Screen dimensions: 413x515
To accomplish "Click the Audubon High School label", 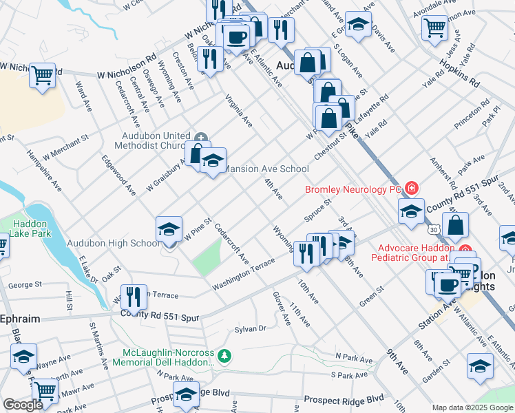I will coord(113,243).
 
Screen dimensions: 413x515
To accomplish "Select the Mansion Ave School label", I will coord(267,169).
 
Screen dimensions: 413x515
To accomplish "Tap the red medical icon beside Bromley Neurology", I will coord(412,187).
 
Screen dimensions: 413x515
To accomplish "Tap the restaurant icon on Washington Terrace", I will coord(134,297).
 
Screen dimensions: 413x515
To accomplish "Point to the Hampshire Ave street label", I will coord(45,169).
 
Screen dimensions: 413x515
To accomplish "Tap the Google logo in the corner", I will coord(23,405).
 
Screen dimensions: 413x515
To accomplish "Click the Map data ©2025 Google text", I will coord(471,407).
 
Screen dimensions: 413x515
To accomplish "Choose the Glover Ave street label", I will coord(282,308).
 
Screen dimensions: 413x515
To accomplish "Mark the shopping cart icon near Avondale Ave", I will coord(434,28).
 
